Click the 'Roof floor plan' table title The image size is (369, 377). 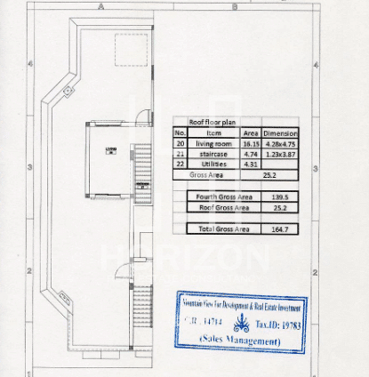click(208, 123)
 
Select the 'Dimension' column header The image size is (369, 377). click(280, 132)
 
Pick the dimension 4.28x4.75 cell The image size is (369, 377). click(280, 143)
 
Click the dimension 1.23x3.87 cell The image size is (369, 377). click(280, 153)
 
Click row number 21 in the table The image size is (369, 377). click(180, 153)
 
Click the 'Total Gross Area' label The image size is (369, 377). click(222, 229)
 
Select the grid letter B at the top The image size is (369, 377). click(234, 6)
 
